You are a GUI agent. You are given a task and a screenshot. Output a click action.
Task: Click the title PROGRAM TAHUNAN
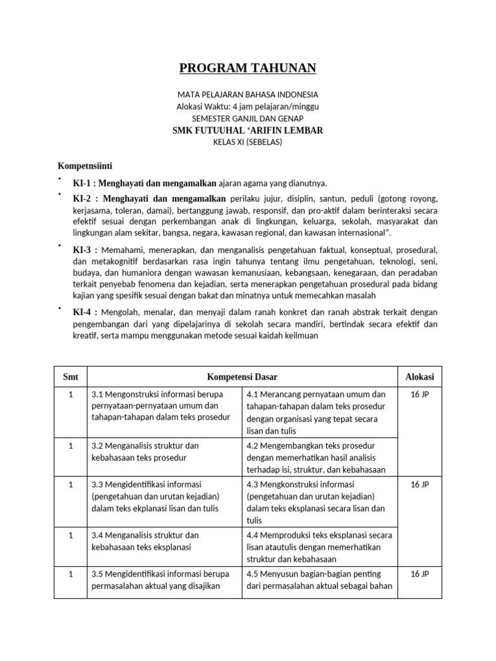[x=247, y=68]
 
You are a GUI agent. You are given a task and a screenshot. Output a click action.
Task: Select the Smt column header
[x=70, y=377]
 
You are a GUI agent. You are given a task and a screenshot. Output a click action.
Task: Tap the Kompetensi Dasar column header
[x=242, y=377]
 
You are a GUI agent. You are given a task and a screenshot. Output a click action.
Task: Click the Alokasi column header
[x=419, y=377]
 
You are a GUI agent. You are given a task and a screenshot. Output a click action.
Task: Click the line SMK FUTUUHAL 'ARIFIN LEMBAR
[x=247, y=130]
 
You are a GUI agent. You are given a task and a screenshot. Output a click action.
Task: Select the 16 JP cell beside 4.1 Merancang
[x=419, y=394]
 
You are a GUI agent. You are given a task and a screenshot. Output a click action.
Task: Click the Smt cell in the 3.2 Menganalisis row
[x=70, y=446]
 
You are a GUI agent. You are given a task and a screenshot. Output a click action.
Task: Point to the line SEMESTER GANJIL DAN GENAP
[x=247, y=118]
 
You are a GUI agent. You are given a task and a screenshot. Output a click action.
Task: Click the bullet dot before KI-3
[x=59, y=246]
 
